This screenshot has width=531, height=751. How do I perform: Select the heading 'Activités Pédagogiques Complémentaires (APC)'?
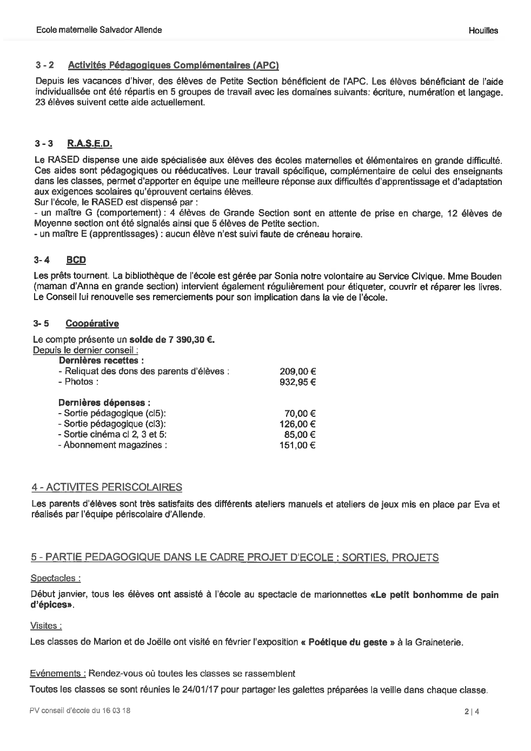(173, 66)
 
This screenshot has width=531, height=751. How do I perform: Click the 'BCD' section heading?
(76, 260)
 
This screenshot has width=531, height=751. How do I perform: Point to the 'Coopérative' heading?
(92, 323)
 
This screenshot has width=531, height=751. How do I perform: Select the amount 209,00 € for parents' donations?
(297, 371)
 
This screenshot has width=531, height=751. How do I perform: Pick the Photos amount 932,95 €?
(297, 382)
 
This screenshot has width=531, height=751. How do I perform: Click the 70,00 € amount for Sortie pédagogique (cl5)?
(300, 414)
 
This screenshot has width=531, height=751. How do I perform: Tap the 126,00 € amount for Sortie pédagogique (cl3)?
(297, 424)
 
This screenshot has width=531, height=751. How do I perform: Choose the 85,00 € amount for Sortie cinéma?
(300, 435)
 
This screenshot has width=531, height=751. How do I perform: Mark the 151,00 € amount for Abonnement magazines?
(297, 446)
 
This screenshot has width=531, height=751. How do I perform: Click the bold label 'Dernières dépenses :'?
(104, 403)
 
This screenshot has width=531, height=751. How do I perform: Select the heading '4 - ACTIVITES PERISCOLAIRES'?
(107, 488)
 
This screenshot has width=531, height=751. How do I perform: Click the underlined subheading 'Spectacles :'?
(56, 579)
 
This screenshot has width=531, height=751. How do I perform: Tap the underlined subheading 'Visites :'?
(46, 626)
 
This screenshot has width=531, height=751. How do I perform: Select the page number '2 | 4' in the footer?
(472, 712)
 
